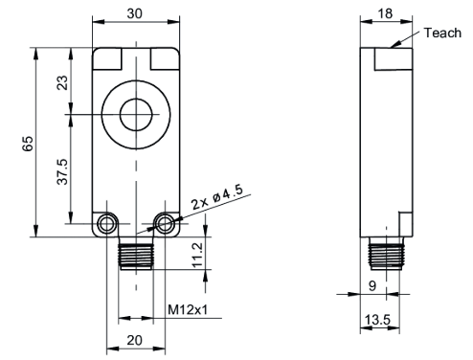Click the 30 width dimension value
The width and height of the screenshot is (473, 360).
[135, 13]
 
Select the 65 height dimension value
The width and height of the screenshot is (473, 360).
[28, 144]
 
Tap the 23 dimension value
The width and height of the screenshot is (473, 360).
[62, 82]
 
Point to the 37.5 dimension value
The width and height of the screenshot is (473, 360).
[62, 171]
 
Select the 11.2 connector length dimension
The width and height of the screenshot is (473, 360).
[197, 255]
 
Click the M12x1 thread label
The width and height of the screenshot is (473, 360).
[188, 309]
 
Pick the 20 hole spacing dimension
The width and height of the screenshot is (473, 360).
[134, 340]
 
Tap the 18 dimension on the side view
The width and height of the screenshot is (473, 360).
[385, 13]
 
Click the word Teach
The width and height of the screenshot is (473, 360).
[442, 33]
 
